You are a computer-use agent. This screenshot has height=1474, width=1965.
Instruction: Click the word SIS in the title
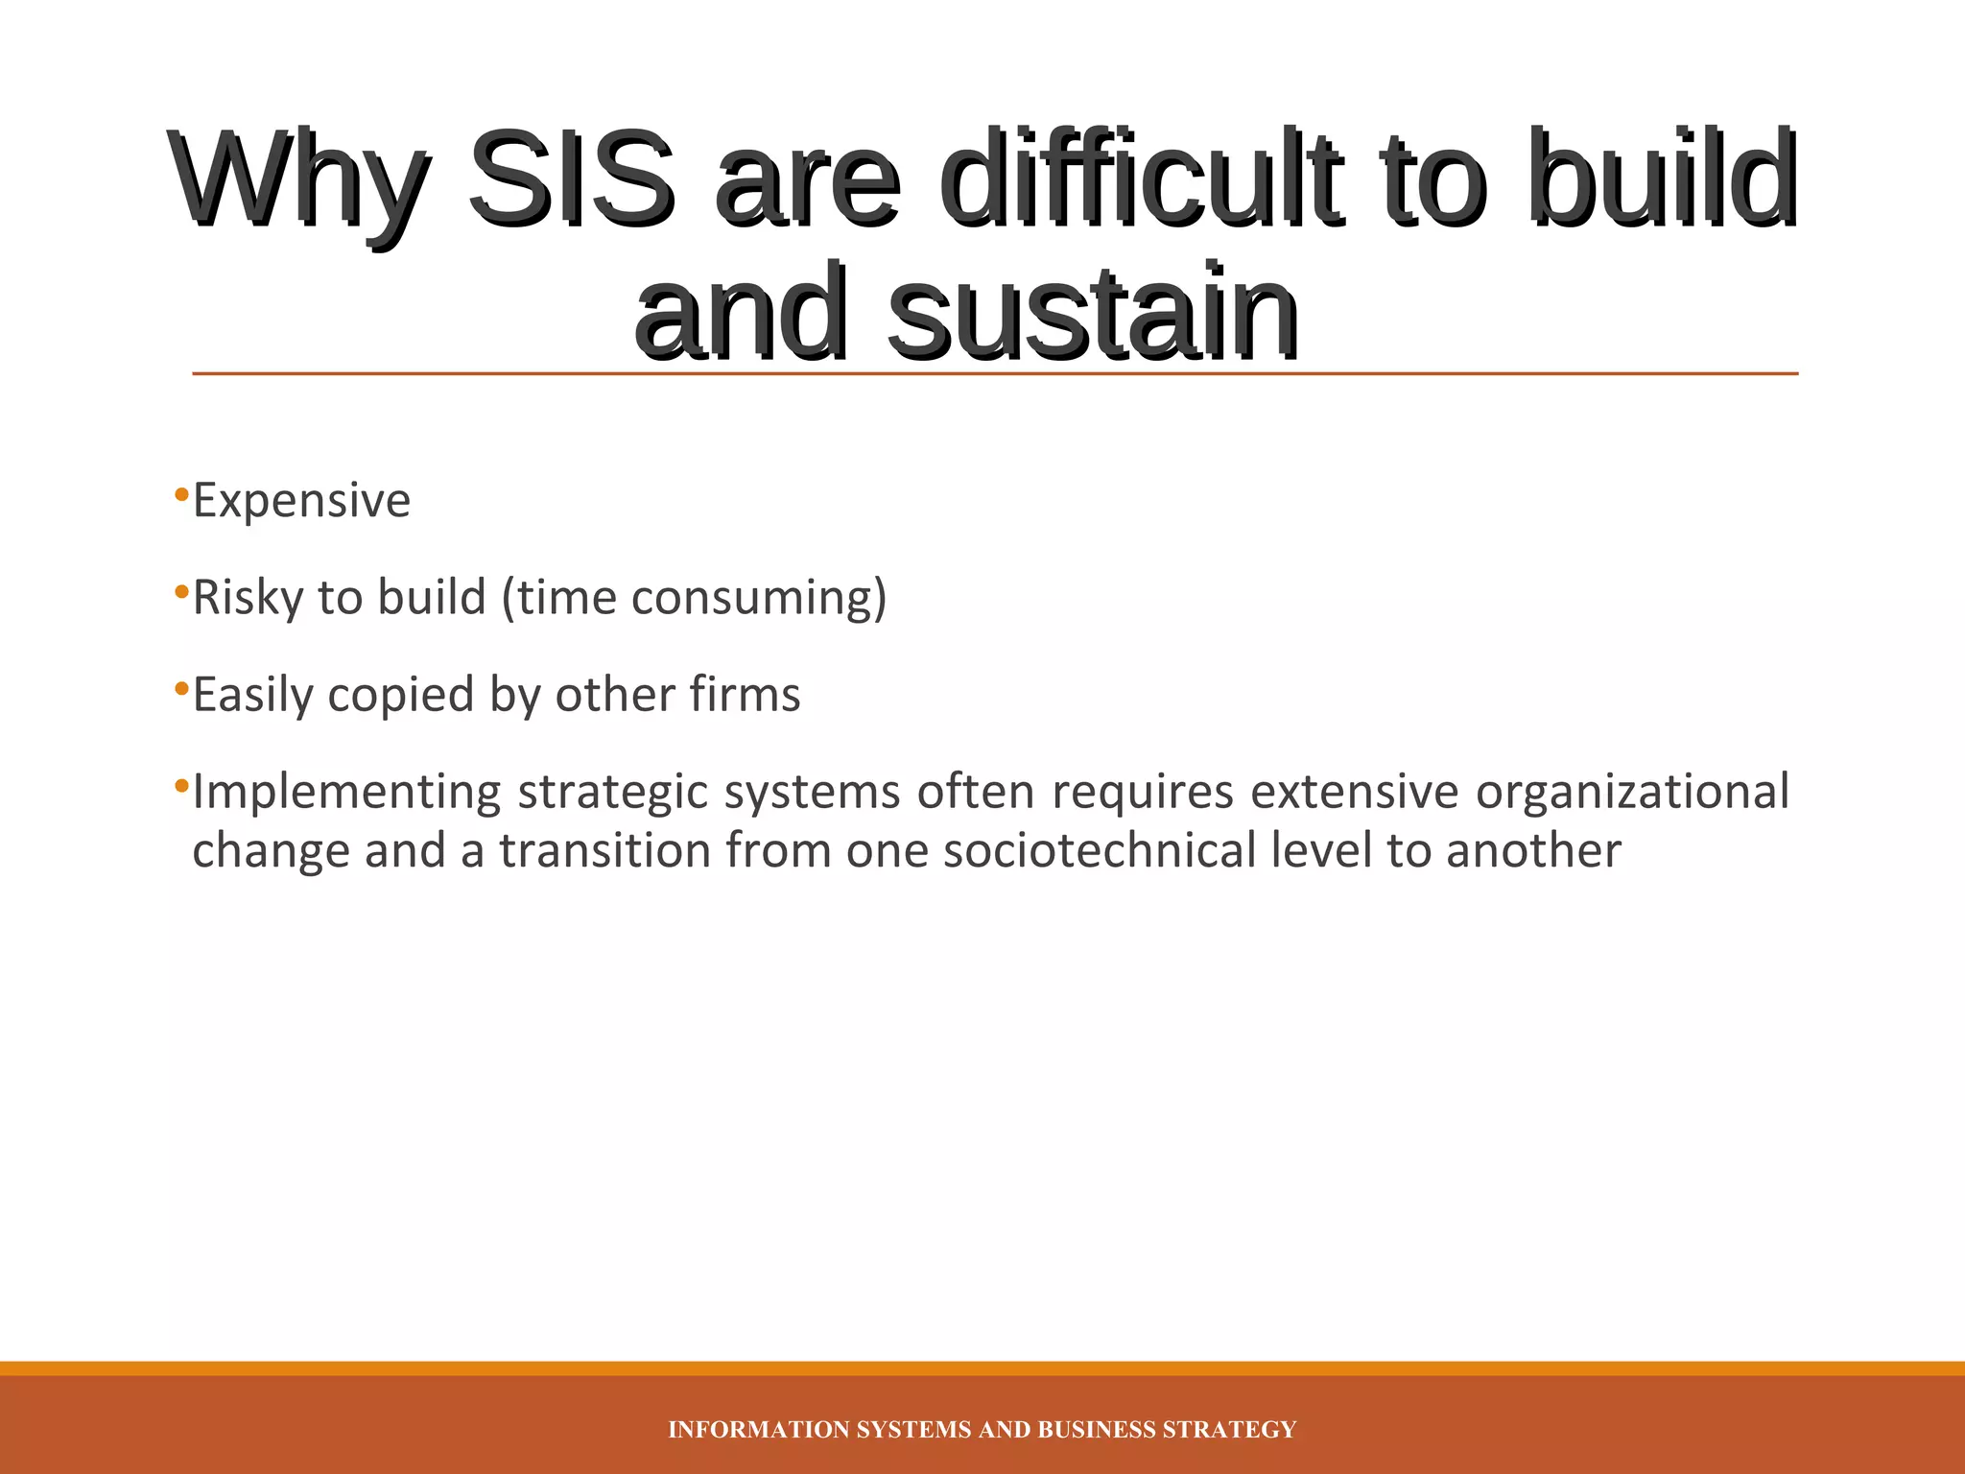coord(571,179)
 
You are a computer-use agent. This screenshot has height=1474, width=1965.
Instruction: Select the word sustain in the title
coord(1094,312)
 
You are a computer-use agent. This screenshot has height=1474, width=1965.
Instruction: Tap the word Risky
coord(248,599)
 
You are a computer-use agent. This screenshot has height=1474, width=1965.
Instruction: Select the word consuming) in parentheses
coord(759,599)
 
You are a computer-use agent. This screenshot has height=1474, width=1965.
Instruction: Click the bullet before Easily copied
coord(181,689)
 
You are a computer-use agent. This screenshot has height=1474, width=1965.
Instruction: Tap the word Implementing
coord(346,794)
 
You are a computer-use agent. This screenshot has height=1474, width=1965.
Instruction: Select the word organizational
coord(1632,794)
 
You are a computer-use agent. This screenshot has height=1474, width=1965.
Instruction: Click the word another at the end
coord(1533,851)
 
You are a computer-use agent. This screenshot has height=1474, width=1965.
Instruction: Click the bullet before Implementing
coord(181,787)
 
